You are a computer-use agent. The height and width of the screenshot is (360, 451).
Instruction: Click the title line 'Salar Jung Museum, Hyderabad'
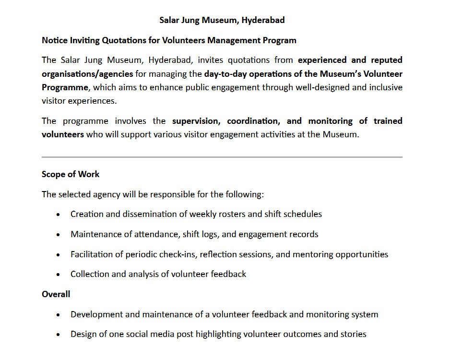pyautogui.click(x=222, y=20)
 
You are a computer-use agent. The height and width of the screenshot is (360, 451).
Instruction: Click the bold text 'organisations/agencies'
pyautogui.click(x=87, y=74)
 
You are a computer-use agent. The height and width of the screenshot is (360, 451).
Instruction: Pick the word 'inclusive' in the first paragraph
pyautogui.click(x=384, y=87)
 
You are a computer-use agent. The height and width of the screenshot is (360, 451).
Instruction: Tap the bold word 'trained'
pyautogui.click(x=388, y=120)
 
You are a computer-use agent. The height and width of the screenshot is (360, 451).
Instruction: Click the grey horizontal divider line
pyautogui.click(x=222, y=157)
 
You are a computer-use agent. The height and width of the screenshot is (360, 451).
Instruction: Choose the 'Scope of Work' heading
pyautogui.click(x=71, y=174)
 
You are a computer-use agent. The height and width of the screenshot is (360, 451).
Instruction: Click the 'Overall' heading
pyautogui.click(x=56, y=294)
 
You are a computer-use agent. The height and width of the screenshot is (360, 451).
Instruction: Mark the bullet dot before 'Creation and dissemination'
pyautogui.click(x=59, y=215)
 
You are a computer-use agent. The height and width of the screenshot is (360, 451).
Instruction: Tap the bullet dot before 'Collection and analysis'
pyautogui.click(x=59, y=275)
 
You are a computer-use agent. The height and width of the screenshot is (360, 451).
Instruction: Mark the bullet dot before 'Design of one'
pyautogui.click(x=59, y=335)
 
